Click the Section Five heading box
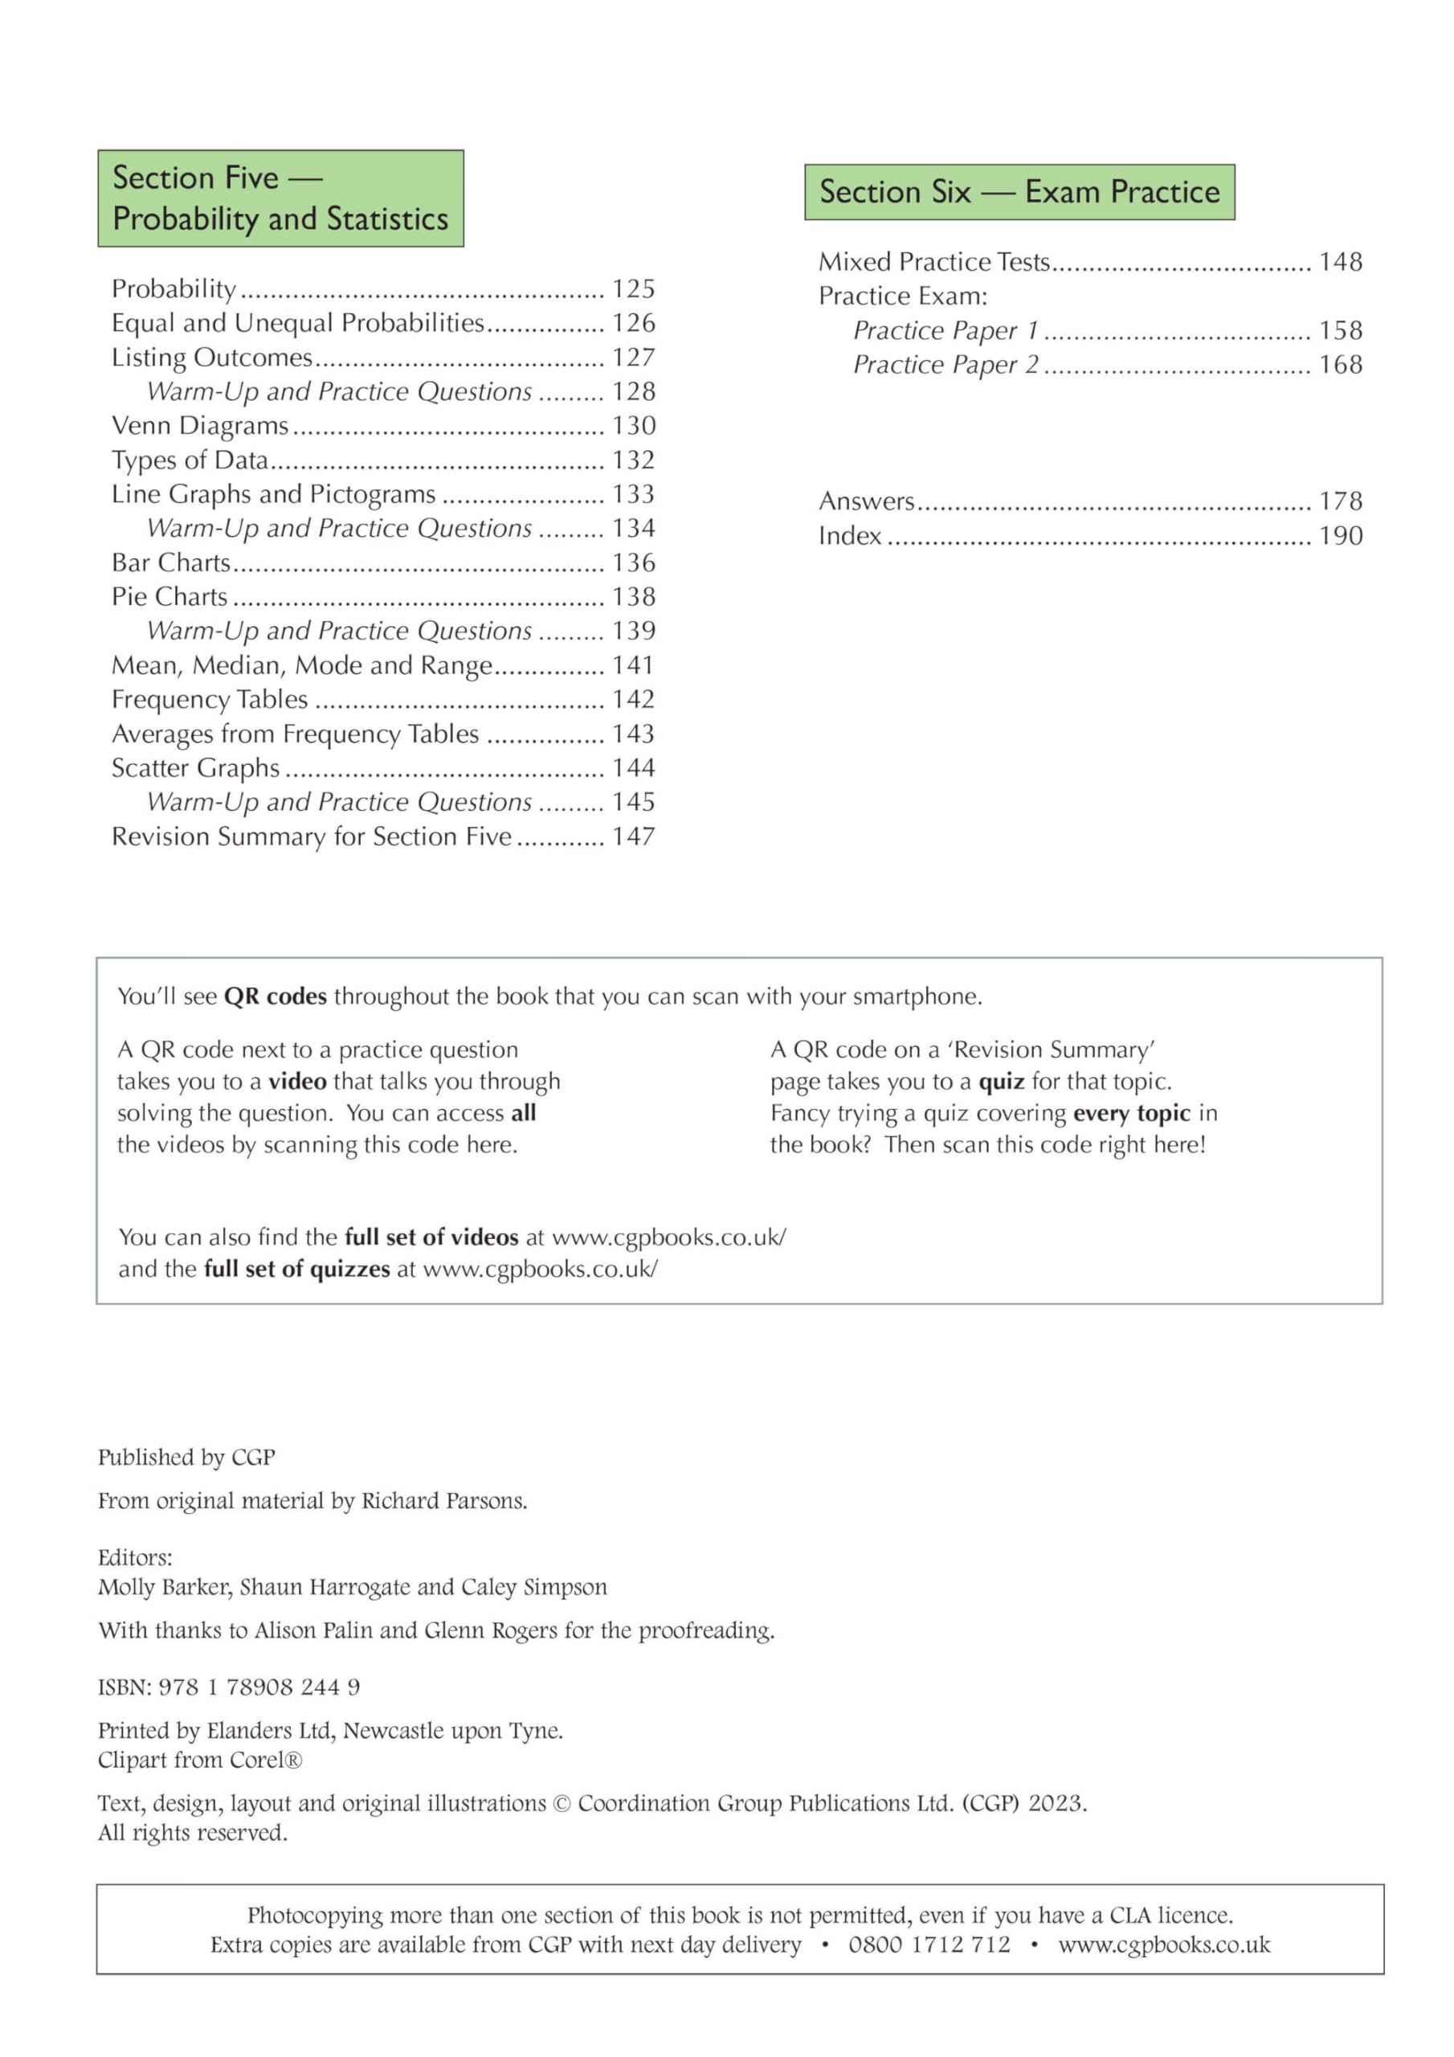pos(280,198)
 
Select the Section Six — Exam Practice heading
pos(1019,192)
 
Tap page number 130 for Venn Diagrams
pos(633,426)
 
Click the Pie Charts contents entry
pos(169,597)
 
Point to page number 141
pos(633,665)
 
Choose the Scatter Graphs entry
pos(195,768)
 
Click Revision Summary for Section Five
pos(311,836)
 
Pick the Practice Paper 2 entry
pos(946,365)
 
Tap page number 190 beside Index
pos(1340,536)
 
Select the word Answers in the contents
pos(866,501)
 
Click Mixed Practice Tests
pos(933,262)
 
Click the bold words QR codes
pos(275,996)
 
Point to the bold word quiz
pos(1001,1082)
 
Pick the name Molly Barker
pos(164,1587)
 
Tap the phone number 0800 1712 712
pos(929,1945)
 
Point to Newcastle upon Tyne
pos(452,1730)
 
